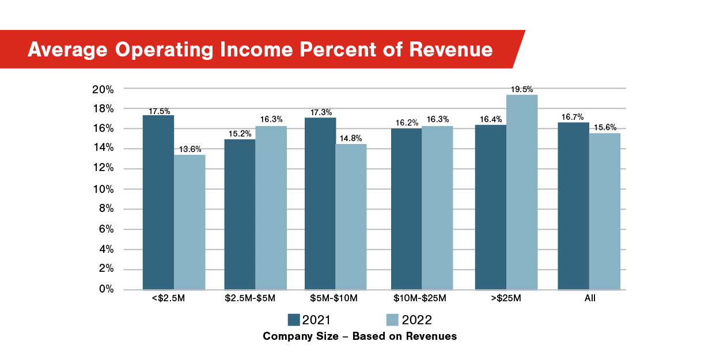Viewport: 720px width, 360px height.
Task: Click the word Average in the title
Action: click(67, 50)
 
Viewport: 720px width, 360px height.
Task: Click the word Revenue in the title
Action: click(450, 50)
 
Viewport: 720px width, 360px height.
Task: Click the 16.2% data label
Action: click(407, 123)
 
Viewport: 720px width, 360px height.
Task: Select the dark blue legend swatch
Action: click(294, 320)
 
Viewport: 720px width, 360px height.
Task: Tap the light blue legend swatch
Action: click(392, 320)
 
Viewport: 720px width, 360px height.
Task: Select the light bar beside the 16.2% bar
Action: click(437, 207)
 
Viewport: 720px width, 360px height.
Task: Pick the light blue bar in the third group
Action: click(351, 217)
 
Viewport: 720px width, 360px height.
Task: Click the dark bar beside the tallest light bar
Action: click(490, 207)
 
